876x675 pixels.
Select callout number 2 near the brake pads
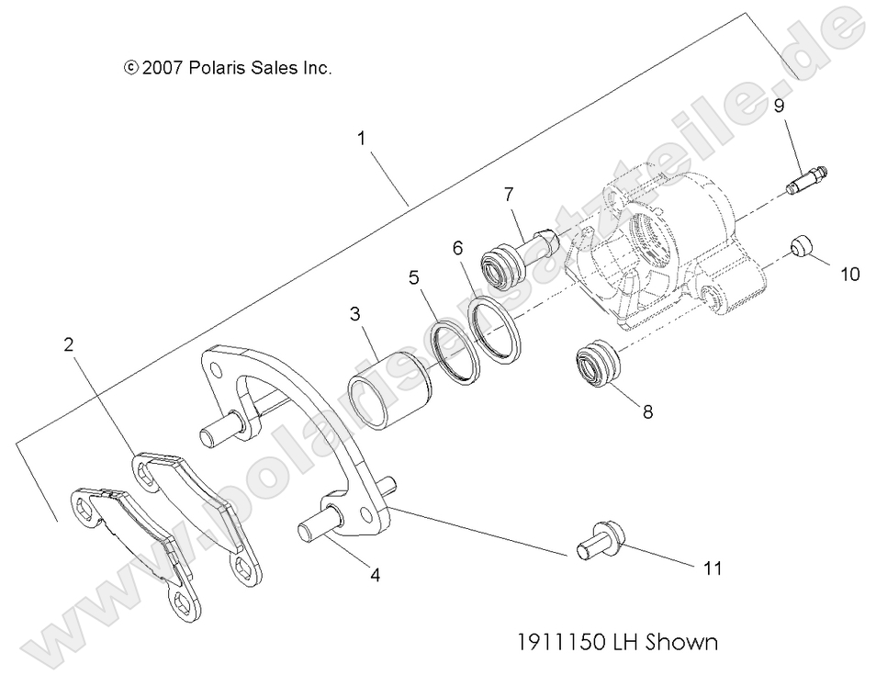[x=68, y=345]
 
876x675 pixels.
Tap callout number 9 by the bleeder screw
[x=778, y=107]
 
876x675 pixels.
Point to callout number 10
[x=850, y=274]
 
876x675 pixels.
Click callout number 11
[x=712, y=568]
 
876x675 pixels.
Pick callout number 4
[x=375, y=575]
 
